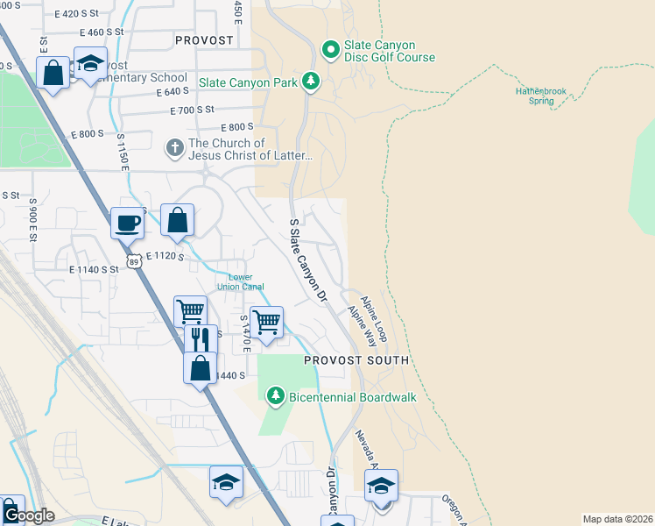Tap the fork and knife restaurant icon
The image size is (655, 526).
click(x=201, y=338)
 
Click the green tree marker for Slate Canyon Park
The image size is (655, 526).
click(x=310, y=82)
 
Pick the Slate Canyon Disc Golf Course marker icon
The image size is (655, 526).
click(x=330, y=50)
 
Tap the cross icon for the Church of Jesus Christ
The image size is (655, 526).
click(x=175, y=147)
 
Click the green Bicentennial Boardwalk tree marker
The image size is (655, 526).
click(x=276, y=397)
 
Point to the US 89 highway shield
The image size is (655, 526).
click(x=134, y=260)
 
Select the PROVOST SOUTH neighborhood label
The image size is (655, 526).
click(x=356, y=360)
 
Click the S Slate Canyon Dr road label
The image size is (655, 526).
click(x=307, y=260)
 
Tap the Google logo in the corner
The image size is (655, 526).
click(x=28, y=516)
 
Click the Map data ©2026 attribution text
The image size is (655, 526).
click(x=617, y=519)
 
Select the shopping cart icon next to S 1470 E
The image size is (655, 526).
click(x=266, y=320)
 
